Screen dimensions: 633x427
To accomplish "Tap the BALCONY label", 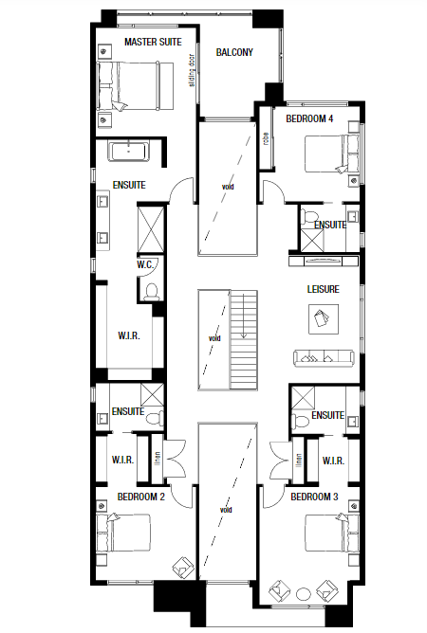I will (x=234, y=53).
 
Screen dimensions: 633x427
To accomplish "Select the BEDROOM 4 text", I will (x=309, y=118).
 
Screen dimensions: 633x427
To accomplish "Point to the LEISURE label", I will (x=323, y=289).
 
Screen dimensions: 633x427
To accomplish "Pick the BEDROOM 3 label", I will (x=314, y=497).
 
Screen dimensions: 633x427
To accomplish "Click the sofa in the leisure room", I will (x=323, y=357).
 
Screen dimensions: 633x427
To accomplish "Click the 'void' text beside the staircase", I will (x=214, y=336).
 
